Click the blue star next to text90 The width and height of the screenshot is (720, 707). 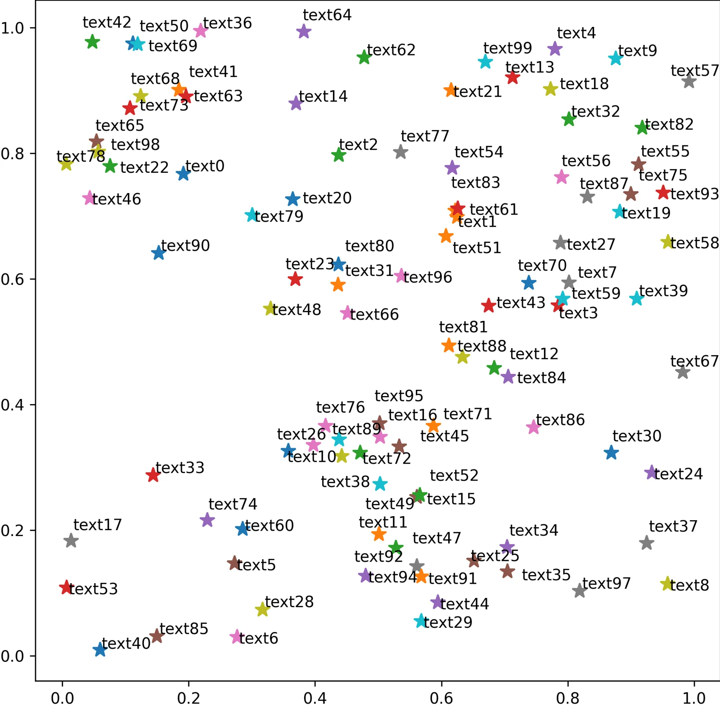(158, 253)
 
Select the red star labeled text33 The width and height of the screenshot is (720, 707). (153, 475)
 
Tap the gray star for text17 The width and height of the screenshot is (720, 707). (71, 540)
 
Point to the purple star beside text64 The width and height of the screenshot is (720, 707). (304, 32)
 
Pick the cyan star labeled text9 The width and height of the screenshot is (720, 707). (616, 58)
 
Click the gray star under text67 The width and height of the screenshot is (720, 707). (683, 372)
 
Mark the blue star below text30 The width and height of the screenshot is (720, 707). (611, 452)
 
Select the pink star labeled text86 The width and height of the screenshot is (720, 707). (533, 427)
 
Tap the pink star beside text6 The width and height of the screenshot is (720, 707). (236, 637)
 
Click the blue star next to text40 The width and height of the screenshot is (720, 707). (99, 649)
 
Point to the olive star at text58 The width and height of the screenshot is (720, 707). (668, 242)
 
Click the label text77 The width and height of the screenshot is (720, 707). (425, 136)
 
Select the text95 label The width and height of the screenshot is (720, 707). (399, 396)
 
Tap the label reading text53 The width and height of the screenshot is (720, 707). (94, 589)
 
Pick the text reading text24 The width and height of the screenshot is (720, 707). (678, 474)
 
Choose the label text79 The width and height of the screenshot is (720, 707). (279, 216)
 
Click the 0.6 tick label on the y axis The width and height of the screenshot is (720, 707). (12, 279)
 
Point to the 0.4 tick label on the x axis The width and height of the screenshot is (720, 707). (315, 698)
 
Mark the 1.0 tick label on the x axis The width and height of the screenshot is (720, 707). (694, 698)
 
